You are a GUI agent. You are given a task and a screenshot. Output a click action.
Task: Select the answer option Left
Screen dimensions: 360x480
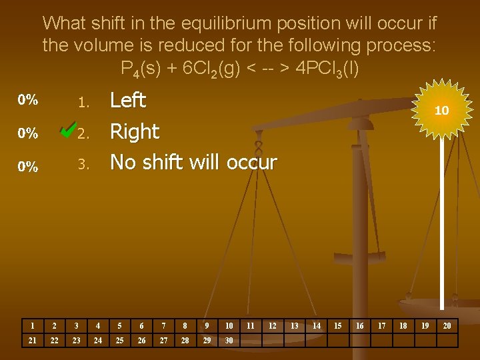(x=127, y=101)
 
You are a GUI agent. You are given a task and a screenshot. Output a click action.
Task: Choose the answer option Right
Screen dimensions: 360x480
(x=134, y=131)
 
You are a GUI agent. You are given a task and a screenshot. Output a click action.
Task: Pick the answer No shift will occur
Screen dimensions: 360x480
(x=193, y=162)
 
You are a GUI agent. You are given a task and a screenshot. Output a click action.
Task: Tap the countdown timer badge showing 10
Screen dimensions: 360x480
(x=441, y=111)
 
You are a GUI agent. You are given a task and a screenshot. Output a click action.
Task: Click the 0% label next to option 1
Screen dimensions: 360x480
(x=28, y=101)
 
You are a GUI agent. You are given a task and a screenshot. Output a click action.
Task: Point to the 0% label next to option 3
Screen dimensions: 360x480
(x=28, y=167)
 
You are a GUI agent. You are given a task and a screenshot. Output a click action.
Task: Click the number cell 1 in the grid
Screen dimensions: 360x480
(x=32, y=325)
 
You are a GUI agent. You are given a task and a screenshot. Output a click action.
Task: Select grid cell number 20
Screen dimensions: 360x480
(x=447, y=325)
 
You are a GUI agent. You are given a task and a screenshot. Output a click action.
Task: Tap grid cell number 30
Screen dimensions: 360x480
(x=229, y=340)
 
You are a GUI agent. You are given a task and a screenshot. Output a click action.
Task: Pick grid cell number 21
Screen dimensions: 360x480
(x=32, y=340)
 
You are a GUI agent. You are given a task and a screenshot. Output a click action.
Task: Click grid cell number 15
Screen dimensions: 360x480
(x=337, y=325)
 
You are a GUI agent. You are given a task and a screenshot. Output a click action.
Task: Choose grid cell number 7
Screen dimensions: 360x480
(x=163, y=325)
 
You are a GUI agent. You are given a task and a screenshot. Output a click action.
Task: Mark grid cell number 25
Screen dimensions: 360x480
(x=119, y=340)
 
